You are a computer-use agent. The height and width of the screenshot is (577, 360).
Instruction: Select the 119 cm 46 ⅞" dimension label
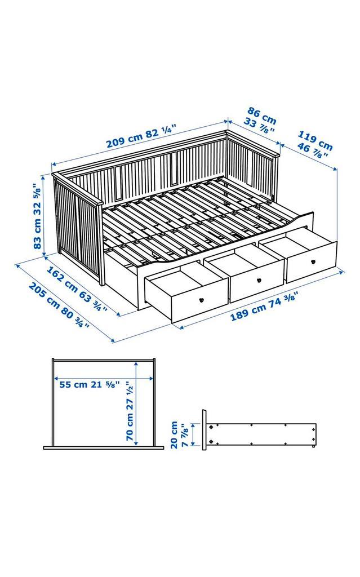click(x=314, y=144)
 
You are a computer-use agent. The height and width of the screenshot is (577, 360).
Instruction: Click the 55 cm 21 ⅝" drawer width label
click(x=89, y=385)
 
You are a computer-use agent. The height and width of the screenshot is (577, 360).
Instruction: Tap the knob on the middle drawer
click(x=259, y=280)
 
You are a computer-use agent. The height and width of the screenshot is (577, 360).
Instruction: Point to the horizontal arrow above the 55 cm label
click(x=104, y=378)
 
